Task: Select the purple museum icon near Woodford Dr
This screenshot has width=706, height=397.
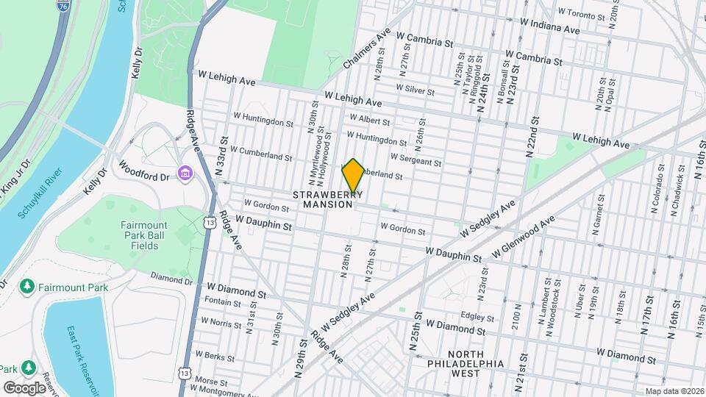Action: tap(184, 174)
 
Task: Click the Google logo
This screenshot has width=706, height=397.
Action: tap(24, 387)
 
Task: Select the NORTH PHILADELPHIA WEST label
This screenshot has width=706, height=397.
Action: tap(467, 368)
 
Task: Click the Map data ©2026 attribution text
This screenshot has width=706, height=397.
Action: tap(674, 391)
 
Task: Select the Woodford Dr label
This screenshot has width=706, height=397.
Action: tap(145, 176)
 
